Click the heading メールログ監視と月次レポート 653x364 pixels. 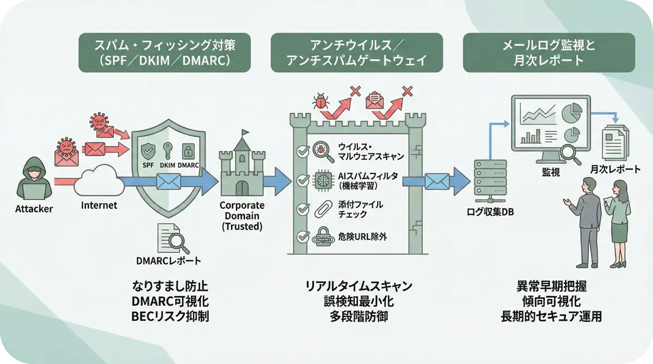(x=549, y=53)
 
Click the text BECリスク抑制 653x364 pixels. (x=171, y=316)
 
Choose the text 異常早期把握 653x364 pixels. (x=551, y=286)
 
